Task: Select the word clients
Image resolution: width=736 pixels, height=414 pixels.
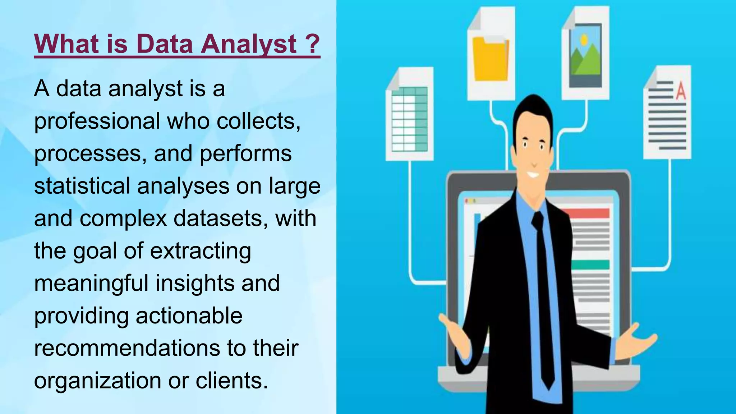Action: [232, 380]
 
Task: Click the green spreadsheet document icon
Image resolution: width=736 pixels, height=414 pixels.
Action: [409, 119]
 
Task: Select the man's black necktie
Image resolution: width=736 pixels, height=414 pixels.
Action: [543, 295]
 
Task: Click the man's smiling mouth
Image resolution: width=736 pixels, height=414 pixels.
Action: [533, 175]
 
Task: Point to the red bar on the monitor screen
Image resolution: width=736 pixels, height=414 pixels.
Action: [589, 213]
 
